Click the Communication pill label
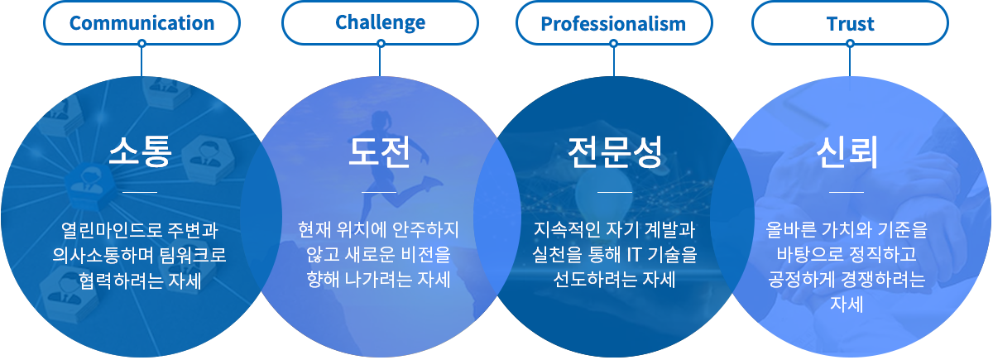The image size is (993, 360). tap(142, 23)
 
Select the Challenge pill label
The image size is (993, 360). tap(381, 23)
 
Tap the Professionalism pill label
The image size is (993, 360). tap(613, 23)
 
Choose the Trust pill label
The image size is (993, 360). tap(851, 23)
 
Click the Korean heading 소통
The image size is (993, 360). tap(140, 151)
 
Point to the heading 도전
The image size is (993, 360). tap(379, 152)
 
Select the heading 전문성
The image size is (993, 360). tap(615, 152)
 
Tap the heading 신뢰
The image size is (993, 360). tap(847, 152)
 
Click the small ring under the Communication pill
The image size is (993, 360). tap(142, 43)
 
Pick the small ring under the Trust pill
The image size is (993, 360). tap(850, 43)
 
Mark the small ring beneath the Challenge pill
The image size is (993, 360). tap(381, 43)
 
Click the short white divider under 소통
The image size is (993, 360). tap(140, 192)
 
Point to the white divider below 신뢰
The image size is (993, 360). tap(847, 192)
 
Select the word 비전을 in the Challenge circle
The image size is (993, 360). tap(425, 255)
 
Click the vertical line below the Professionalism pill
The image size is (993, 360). tap(614, 62)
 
